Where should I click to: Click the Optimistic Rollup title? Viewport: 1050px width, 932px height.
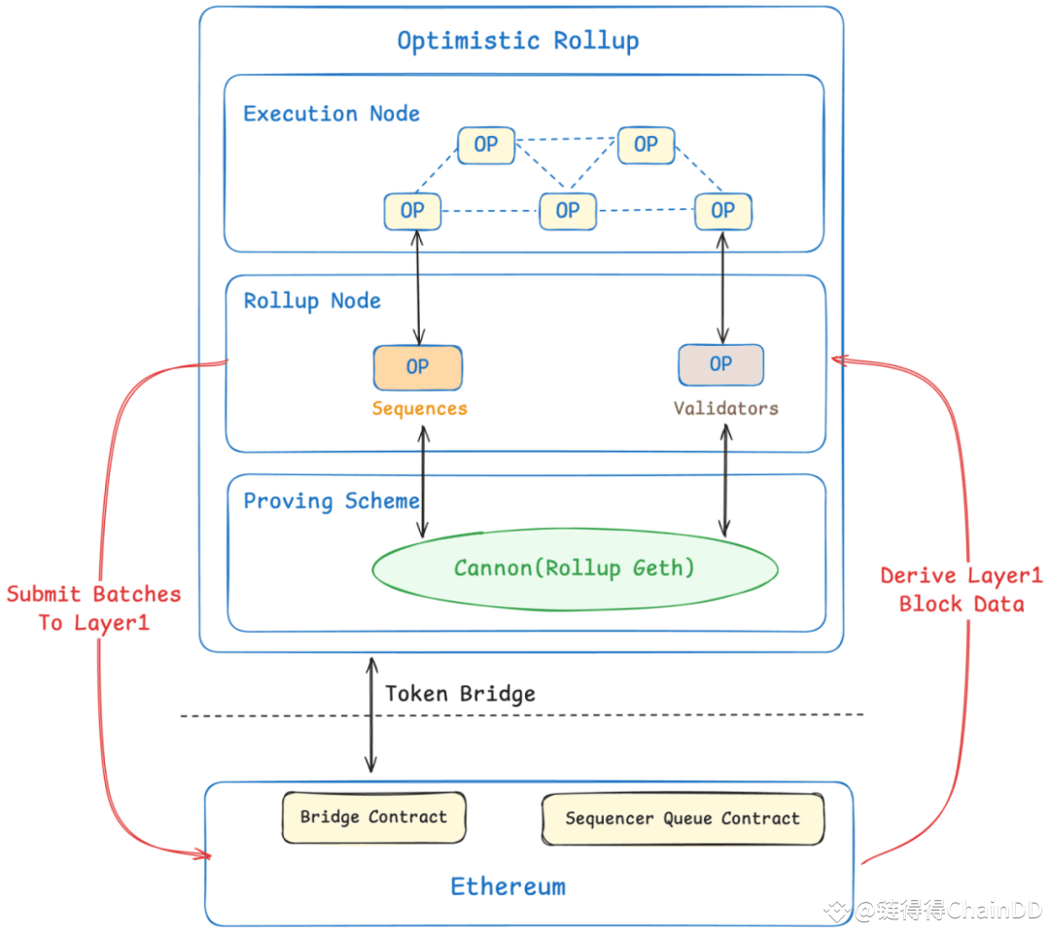[x=517, y=41]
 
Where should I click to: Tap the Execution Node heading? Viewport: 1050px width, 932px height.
[x=332, y=114]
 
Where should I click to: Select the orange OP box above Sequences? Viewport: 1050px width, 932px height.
[x=417, y=367]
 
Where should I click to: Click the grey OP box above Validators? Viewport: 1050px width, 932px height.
[x=720, y=364]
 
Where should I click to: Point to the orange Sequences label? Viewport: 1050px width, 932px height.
[x=419, y=409]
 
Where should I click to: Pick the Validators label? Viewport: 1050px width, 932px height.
[x=725, y=409]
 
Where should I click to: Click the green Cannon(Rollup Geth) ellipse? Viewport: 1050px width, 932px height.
[x=575, y=569]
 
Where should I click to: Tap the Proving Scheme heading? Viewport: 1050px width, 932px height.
[x=332, y=501]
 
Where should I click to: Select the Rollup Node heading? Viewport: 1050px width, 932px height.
[x=312, y=300]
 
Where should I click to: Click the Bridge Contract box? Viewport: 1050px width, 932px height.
[x=373, y=816]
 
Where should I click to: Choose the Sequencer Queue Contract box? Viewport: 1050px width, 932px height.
[x=682, y=819]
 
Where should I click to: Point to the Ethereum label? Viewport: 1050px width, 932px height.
[x=507, y=886]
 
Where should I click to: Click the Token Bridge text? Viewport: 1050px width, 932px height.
[x=460, y=694]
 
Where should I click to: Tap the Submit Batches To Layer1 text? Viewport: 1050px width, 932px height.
[x=93, y=608]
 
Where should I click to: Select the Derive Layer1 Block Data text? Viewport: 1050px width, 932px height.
[x=961, y=590]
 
